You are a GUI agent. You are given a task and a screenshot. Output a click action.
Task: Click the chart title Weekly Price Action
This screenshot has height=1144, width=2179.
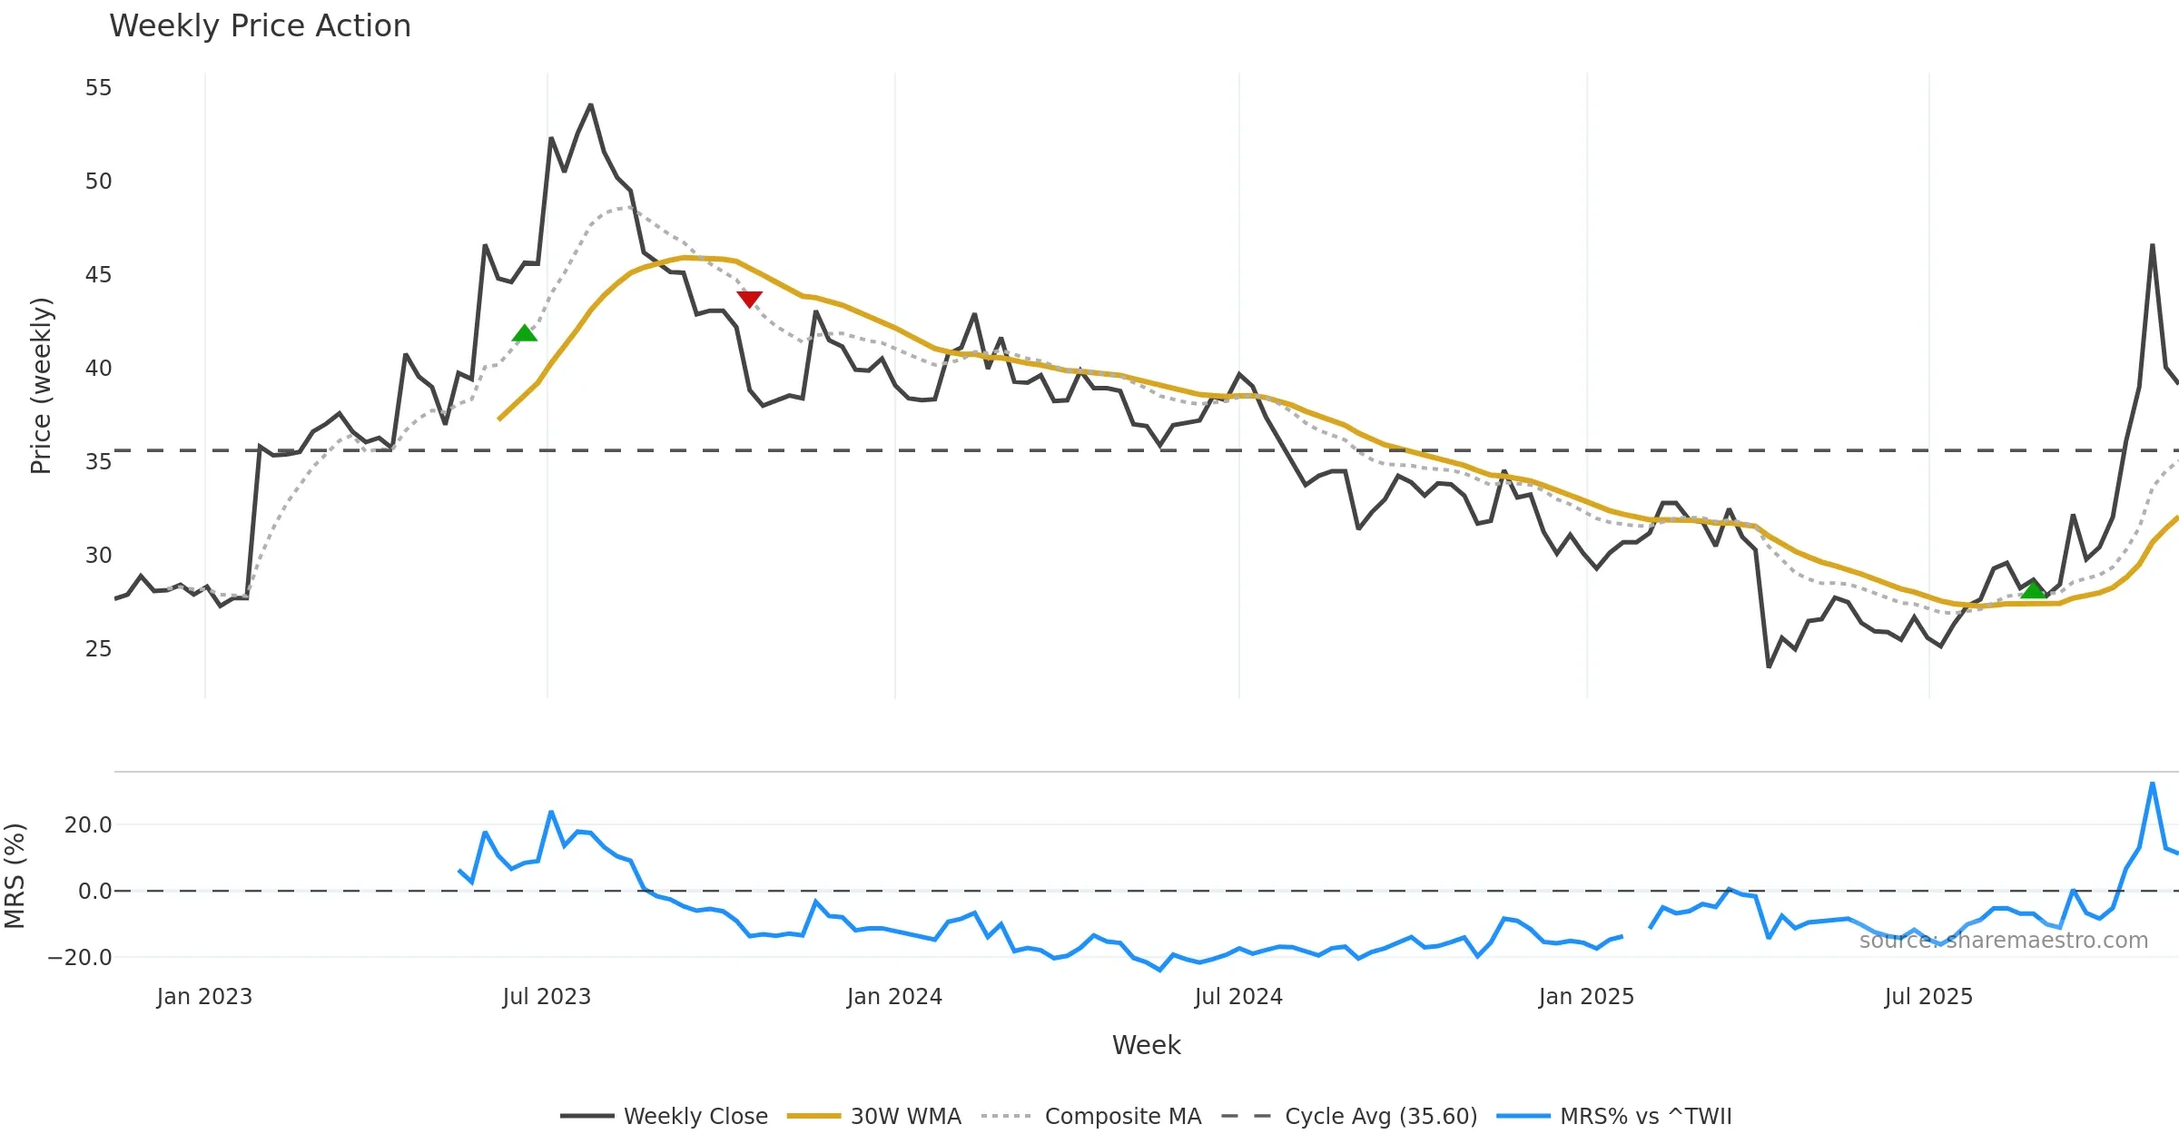pos(260,26)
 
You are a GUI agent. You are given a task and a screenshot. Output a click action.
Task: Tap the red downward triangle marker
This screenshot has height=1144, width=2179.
pos(749,299)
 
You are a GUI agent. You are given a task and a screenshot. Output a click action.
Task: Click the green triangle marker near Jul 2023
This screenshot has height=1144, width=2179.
pos(525,334)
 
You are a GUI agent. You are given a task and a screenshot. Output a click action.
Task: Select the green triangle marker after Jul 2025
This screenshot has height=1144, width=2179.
pos(2034,590)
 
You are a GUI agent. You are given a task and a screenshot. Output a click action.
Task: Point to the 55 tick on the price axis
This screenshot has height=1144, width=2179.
pos(98,88)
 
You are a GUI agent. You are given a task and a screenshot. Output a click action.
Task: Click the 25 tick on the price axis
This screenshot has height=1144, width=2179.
pos(98,649)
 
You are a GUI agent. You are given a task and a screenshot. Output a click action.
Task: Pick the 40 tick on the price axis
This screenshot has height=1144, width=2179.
pos(98,369)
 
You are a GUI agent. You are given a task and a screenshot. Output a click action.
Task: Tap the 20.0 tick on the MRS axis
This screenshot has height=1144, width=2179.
pos(88,825)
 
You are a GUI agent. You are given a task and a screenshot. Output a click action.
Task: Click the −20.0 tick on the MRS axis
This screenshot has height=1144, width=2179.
pos(80,958)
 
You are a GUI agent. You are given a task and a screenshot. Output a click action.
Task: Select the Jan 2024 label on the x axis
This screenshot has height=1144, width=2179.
pos(894,997)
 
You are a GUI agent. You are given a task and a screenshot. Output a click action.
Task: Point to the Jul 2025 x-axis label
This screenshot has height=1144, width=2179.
pos(1928,997)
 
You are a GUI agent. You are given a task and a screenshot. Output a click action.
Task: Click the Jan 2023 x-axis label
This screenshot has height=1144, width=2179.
pos(204,997)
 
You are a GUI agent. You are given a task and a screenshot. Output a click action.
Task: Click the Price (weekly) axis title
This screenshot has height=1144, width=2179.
pos(41,386)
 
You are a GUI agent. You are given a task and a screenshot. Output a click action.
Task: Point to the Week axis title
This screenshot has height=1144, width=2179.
pos(1146,1046)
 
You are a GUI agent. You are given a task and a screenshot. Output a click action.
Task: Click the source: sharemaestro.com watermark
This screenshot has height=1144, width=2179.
pos(2003,941)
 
